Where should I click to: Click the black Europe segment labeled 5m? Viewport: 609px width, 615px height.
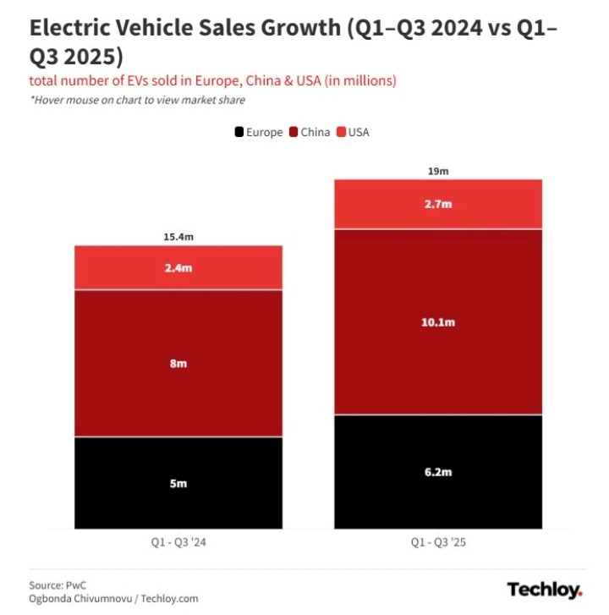click(178, 483)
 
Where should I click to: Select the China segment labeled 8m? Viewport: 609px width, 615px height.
click(178, 363)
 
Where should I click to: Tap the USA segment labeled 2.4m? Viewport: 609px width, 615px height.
click(178, 268)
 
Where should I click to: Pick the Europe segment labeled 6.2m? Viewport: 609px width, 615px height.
click(438, 472)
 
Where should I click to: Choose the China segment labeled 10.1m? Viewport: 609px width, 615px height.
click(438, 322)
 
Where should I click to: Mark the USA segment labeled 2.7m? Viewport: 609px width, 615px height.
click(438, 204)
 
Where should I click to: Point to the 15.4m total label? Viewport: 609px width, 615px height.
click(178, 238)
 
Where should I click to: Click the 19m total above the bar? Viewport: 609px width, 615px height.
click(438, 171)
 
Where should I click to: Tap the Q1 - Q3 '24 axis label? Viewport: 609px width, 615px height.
click(178, 541)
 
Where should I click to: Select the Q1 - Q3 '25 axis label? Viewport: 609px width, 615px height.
click(438, 541)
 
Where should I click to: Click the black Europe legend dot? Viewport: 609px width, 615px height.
click(239, 132)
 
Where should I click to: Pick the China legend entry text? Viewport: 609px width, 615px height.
click(315, 132)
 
